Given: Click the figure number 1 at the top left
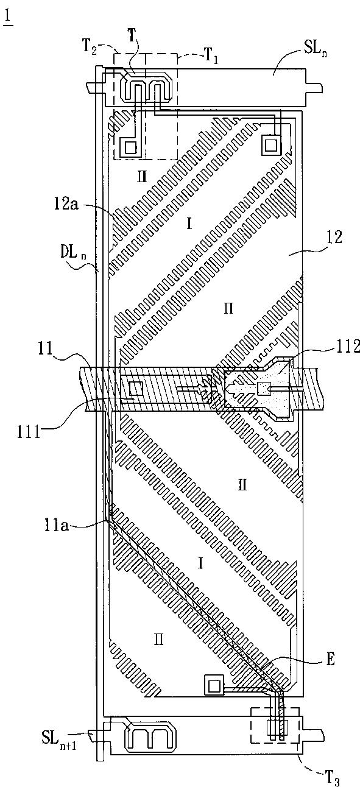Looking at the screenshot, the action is pos(9,18).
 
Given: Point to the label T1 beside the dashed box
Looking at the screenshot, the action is pos(211,55).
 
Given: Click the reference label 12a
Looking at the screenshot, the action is pos(66,205).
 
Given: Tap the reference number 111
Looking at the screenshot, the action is pos(29,431).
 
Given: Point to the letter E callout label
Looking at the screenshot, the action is pos(331,659).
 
